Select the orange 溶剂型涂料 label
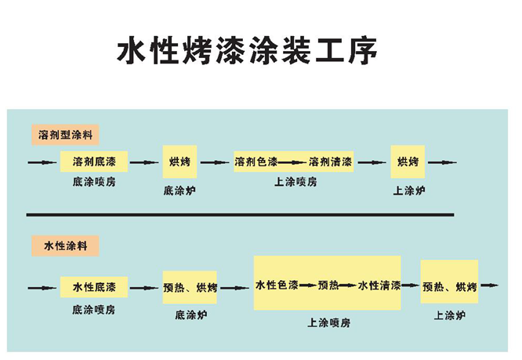click(x=65, y=134)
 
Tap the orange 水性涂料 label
click(x=65, y=246)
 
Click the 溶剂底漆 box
click(x=94, y=162)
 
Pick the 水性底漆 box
click(x=94, y=285)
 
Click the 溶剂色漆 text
click(x=256, y=162)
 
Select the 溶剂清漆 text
click(x=330, y=162)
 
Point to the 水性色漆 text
click(x=277, y=285)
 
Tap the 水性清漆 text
click(x=379, y=285)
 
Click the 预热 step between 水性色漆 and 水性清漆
click(x=328, y=285)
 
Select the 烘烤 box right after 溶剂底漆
click(x=179, y=162)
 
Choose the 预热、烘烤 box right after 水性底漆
click(x=190, y=285)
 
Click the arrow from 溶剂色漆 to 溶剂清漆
click(x=292, y=163)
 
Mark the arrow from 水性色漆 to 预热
click(x=307, y=285)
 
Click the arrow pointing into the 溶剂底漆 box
click(x=42, y=163)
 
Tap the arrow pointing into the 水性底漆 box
click(x=42, y=286)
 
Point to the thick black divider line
click(x=239, y=213)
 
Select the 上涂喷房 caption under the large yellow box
click(x=328, y=322)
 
